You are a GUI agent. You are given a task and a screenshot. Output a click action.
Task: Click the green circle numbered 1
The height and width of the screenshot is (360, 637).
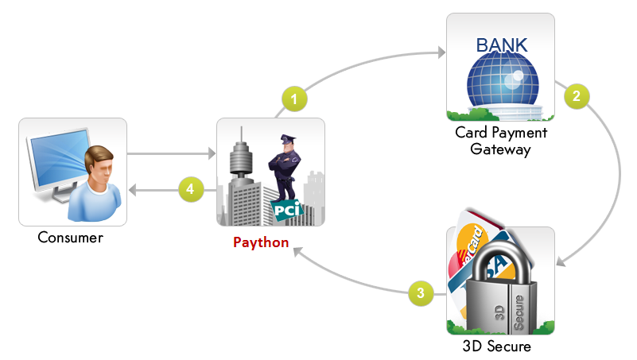(x=294, y=99)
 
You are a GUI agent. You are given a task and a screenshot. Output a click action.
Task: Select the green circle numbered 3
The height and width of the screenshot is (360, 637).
(x=421, y=292)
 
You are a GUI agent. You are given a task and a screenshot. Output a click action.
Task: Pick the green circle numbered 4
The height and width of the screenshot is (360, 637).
(x=189, y=189)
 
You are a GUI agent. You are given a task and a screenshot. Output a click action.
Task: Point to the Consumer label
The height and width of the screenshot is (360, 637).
(x=71, y=237)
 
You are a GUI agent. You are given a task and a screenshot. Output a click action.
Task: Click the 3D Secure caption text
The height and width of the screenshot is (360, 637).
(x=496, y=346)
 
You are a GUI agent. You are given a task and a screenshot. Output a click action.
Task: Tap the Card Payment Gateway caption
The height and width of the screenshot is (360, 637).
(x=500, y=141)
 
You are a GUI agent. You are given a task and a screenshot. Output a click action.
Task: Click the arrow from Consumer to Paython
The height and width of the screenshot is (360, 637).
(x=171, y=153)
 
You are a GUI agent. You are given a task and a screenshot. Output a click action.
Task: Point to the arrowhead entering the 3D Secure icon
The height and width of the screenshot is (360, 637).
(x=561, y=261)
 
